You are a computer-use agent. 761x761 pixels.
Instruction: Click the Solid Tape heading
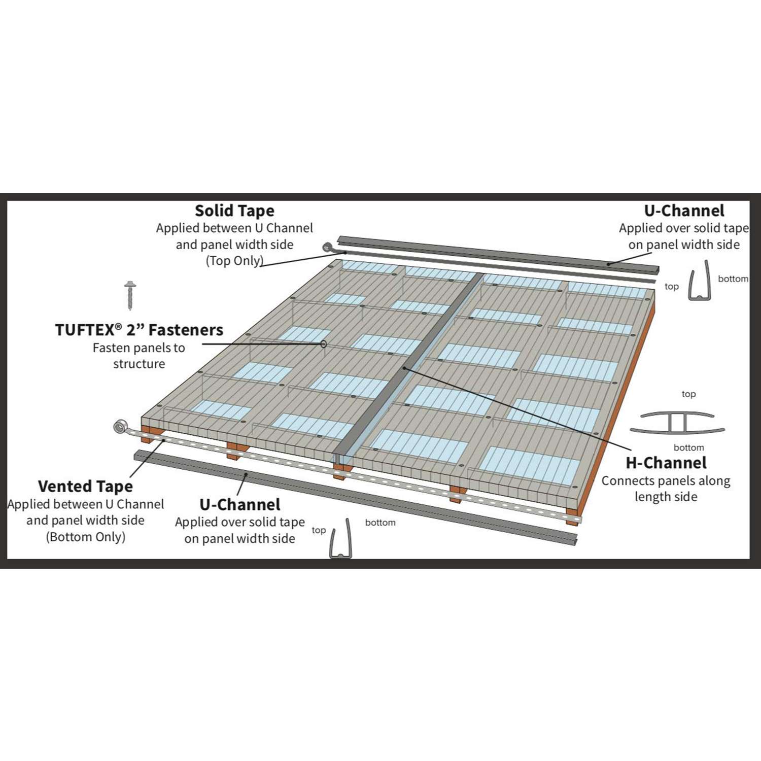234,211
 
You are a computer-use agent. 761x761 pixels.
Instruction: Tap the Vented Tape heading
85,486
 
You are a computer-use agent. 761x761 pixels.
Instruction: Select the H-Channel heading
666,463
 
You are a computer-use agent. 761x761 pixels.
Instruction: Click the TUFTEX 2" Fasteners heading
139,330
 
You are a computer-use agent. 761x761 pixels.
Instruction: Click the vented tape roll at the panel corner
121,427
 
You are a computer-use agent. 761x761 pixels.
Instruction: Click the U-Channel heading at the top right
684,211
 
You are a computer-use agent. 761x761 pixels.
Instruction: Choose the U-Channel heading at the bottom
240,504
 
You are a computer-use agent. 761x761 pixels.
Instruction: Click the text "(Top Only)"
234,261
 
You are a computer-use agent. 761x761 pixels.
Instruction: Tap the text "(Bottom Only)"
85,537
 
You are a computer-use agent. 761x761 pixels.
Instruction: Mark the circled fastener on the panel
323,344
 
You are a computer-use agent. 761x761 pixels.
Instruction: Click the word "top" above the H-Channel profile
688,394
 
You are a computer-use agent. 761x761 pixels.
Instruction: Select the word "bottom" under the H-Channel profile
688,447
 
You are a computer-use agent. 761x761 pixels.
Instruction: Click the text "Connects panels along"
666,480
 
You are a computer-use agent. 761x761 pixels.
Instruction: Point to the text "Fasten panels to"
139,348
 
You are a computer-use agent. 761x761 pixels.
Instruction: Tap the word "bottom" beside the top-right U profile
733,279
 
